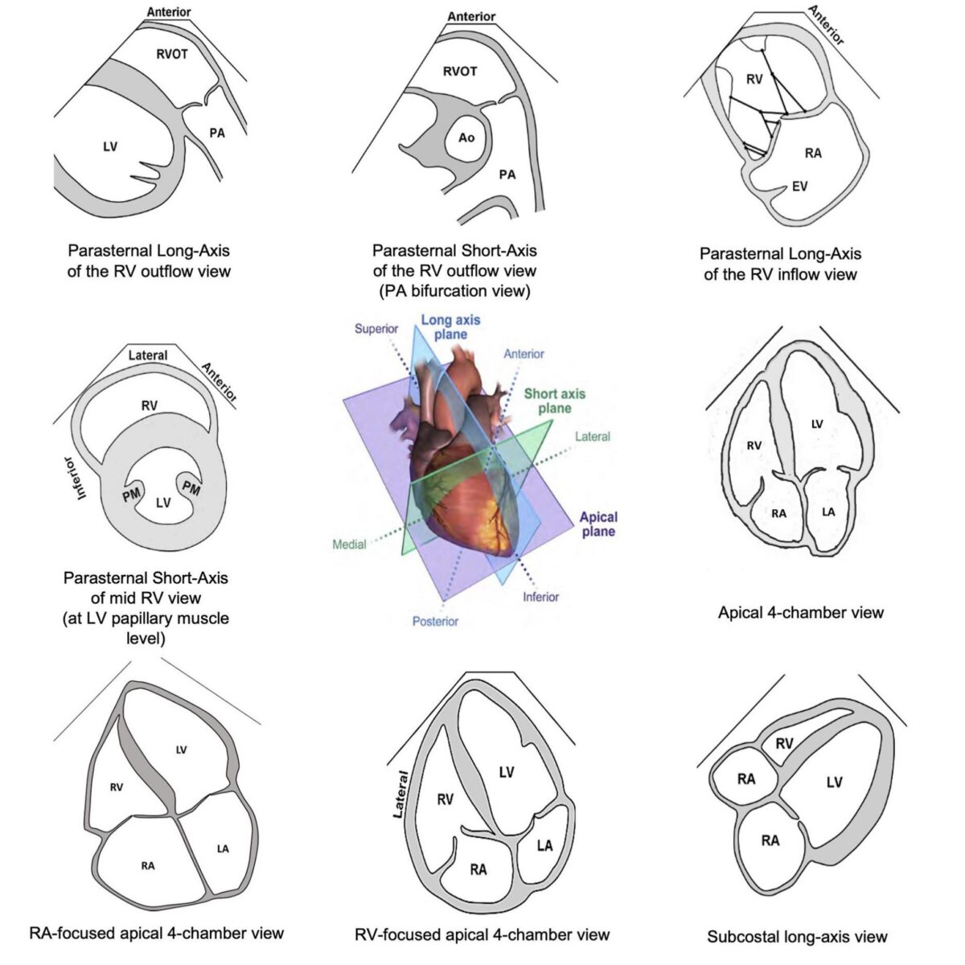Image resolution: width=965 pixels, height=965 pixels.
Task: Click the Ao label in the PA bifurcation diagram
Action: [x=466, y=138]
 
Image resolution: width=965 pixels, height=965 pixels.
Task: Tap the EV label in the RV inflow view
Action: [x=799, y=187]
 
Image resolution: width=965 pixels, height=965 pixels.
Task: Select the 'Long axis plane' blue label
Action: [x=450, y=326]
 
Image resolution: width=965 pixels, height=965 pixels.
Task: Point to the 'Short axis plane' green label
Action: [x=555, y=400]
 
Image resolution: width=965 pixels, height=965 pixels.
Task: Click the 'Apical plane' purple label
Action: [x=597, y=524]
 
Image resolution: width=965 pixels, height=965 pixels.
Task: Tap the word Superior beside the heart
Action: [x=376, y=329]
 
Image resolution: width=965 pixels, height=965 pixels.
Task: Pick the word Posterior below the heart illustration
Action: [x=435, y=621]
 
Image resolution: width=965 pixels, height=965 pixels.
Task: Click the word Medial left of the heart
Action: [x=349, y=544]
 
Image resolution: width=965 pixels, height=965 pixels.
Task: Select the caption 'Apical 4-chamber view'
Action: [x=800, y=613]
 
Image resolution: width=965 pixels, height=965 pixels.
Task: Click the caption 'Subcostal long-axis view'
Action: [x=797, y=936]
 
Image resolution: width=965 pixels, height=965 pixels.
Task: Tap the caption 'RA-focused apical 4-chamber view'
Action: [x=156, y=933]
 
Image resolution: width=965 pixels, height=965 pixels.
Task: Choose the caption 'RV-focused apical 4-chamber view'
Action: [x=482, y=934]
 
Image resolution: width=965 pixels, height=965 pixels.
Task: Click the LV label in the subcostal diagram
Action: [x=834, y=782]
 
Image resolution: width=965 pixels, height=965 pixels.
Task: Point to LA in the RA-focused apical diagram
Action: [x=223, y=848]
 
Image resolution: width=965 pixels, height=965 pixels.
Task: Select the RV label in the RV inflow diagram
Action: [x=754, y=79]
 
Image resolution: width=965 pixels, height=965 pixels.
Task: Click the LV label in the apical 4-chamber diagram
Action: [x=817, y=424]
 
